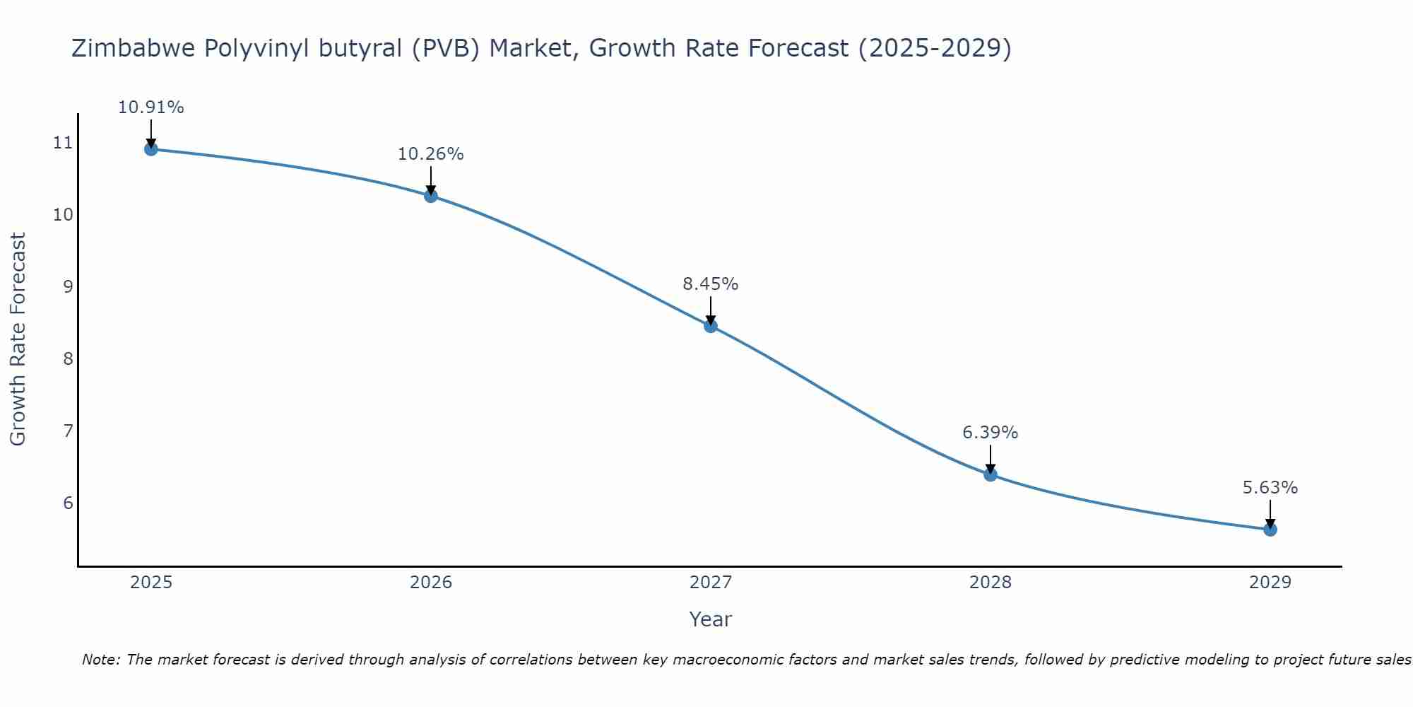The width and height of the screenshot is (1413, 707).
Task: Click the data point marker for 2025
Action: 150,149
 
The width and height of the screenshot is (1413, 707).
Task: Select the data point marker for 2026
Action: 431,196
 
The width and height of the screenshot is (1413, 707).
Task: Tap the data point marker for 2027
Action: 711,326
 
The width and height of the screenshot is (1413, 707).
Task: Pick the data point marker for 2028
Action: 991,474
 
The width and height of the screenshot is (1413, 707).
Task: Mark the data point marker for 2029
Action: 1270,530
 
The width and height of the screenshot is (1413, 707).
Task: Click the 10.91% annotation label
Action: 150,107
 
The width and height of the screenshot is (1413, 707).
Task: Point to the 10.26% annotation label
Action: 431,154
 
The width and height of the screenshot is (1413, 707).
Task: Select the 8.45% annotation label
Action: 711,284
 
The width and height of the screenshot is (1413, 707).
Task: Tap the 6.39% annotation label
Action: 991,433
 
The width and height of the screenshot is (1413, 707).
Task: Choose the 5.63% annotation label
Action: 1270,488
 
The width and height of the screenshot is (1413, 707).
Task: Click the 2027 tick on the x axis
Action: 711,583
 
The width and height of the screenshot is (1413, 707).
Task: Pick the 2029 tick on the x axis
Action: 1270,583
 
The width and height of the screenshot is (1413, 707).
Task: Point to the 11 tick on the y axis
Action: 63,143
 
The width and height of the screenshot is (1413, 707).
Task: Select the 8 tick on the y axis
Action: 68,359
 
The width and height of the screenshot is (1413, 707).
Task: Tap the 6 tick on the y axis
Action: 68,503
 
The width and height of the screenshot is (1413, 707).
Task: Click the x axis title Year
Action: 711,619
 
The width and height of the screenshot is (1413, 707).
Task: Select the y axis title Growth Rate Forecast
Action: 18,339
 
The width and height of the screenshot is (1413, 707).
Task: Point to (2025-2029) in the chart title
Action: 935,48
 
